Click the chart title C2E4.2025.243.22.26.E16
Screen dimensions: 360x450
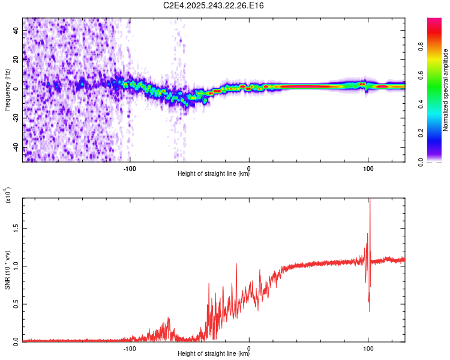214,6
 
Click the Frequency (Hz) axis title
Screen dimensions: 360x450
7,91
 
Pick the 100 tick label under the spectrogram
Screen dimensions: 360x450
368,168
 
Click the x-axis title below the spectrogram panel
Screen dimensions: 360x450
214,174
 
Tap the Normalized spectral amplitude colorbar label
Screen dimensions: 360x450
446,91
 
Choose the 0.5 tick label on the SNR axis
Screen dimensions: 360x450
16,304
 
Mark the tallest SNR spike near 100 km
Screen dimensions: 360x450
370,200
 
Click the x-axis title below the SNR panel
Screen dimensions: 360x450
214,354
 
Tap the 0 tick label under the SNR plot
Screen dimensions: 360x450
249,348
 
